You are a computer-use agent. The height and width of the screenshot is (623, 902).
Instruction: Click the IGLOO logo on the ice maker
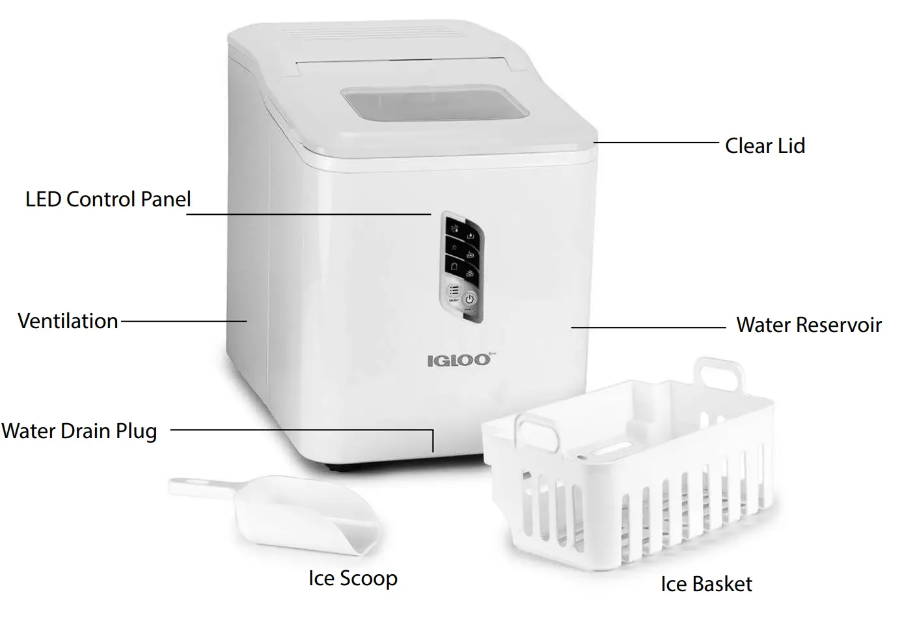point(458,360)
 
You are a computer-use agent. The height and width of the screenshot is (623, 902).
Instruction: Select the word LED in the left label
point(44,199)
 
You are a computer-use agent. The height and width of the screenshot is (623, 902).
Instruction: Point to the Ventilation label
point(68,321)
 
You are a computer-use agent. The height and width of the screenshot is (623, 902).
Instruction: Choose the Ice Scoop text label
point(353,578)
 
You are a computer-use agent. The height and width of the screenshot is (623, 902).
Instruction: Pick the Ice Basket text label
point(706,584)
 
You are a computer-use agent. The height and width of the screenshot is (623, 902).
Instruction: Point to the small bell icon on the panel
point(454,247)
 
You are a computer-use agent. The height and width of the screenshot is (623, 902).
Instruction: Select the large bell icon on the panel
point(454,266)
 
